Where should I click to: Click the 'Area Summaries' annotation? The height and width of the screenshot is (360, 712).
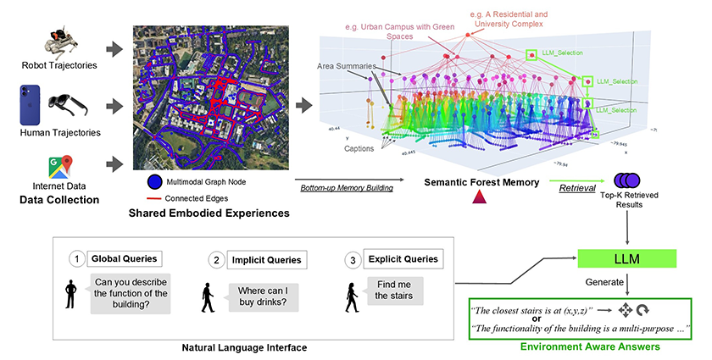click(x=342, y=65)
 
